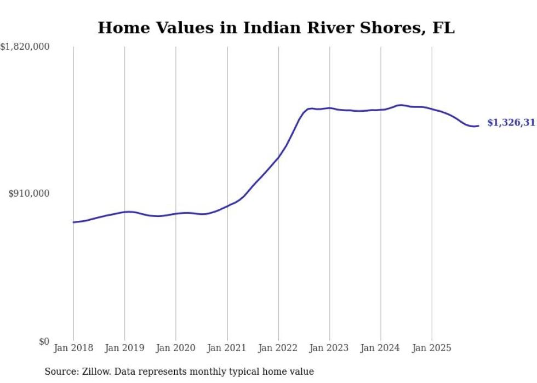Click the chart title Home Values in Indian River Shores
pyautogui.click(x=276, y=28)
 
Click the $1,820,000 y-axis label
pyautogui.click(x=25, y=48)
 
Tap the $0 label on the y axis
pyautogui.click(x=43, y=342)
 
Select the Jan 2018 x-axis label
pyautogui.click(x=73, y=348)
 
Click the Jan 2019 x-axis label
pyautogui.click(x=124, y=348)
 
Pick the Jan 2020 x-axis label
pyautogui.click(x=176, y=348)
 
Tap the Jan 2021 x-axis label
pyautogui.click(x=227, y=348)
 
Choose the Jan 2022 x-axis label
pyautogui.click(x=278, y=348)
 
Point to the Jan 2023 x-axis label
pyautogui.click(x=329, y=348)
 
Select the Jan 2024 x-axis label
pyautogui.click(x=381, y=348)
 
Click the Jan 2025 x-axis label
pyautogui.click(x=432, y=348)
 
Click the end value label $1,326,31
pyautogui.click(x=511, y=123)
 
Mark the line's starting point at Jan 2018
pyautogui.click(x=73, y=222)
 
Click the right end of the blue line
pyautogui.click(x=478, y=126)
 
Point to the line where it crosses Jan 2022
pyautogui.click(x=278, y=157)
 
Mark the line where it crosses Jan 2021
pyautogui.click(x=227, y=206)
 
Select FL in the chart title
pyautogui.click(x=445, y=28)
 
